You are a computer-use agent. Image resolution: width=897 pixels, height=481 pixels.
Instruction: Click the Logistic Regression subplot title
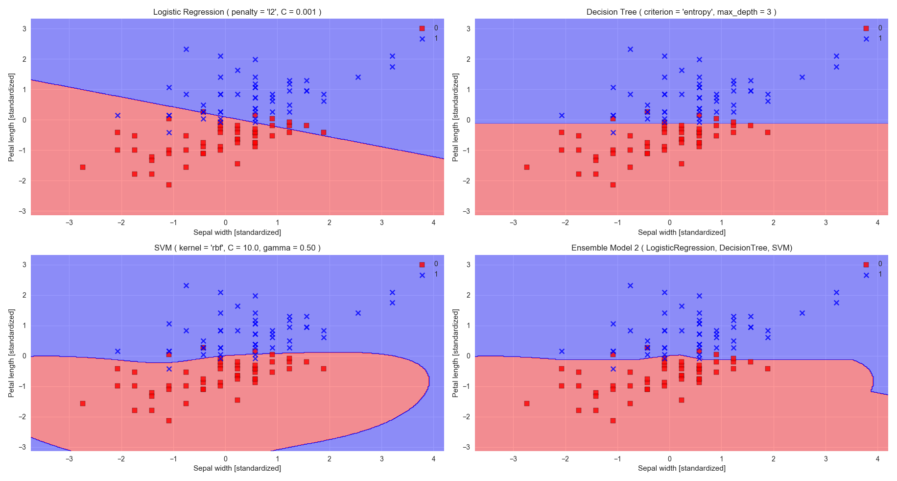237,12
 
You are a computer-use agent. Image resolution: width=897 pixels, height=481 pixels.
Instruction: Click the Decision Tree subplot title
681,12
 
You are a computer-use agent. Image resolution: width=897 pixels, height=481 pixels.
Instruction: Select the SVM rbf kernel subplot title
237,248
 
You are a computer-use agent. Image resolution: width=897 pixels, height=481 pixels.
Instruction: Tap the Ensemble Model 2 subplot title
681,248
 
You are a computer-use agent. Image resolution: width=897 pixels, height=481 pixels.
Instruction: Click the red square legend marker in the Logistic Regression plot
422,28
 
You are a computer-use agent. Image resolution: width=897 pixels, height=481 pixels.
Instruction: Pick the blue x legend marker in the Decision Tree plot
866,39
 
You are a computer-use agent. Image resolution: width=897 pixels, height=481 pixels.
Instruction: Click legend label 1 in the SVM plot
436,274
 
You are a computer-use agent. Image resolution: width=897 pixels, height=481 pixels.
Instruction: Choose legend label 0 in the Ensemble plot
880,264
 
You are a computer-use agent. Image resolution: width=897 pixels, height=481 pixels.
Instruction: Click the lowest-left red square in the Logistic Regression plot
83,167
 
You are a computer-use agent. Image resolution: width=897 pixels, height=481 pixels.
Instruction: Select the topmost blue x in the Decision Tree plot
630,49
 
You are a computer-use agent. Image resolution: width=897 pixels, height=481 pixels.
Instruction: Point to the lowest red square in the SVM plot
169,421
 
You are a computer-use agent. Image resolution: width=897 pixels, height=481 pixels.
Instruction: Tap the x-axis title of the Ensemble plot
681,468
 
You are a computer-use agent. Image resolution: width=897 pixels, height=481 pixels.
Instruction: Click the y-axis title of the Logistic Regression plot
11,117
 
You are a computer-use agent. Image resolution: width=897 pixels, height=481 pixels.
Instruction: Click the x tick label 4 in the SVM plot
433,458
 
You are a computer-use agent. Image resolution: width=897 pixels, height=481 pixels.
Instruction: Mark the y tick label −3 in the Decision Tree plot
468,211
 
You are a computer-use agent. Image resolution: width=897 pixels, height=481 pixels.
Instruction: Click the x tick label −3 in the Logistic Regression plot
69,223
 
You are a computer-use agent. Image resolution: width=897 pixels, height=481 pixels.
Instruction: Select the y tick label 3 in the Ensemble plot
468,265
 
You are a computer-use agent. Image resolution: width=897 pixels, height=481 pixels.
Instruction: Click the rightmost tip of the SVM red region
429,381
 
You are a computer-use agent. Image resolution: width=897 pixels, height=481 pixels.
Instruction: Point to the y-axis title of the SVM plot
11,353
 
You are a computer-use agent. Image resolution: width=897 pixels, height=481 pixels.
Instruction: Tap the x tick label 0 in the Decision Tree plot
669,223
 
